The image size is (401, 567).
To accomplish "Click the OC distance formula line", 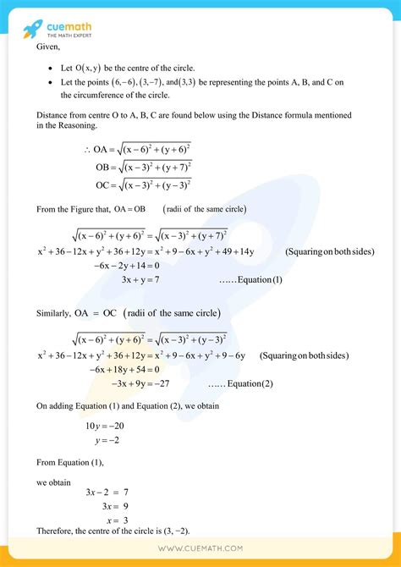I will tap(143, 184).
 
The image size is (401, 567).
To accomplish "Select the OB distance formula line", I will tap(143, 167).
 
